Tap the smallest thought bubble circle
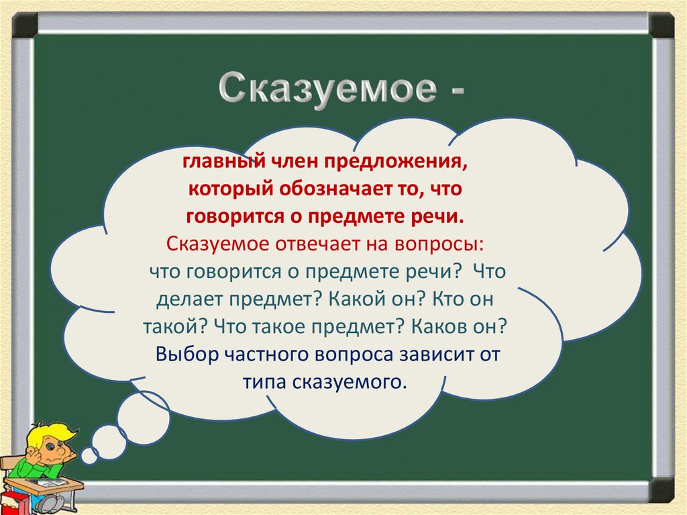click(x=89, y=456)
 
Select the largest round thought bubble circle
click(x=143, y=415)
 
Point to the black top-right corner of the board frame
click(x=661, y=25)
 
